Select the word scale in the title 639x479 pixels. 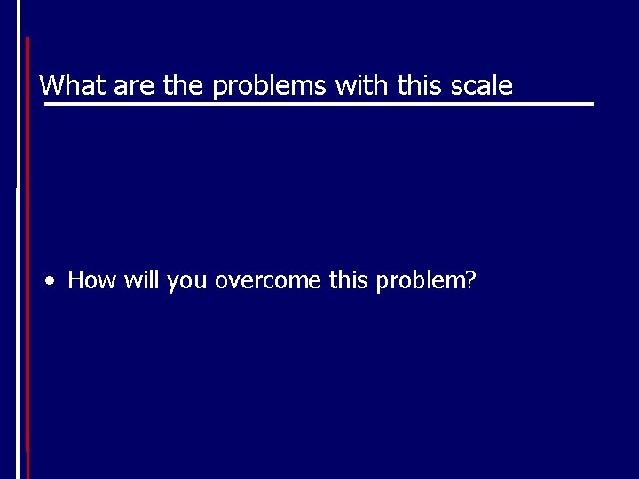click(x=482, y=86)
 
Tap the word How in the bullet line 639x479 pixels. click(x=92, y=280)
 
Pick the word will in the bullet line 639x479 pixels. click(x=141, y=280)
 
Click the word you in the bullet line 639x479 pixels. click(x=186, y=283)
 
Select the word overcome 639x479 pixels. click(x=269, y=281)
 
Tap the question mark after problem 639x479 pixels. click(x=472, y=280)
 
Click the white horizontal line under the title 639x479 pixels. click(x=319, y=105)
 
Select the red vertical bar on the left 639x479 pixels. click(x=28, y=257)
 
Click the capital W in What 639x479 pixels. click(x=51, y=86)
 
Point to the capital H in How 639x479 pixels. click(x=76, y=280)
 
